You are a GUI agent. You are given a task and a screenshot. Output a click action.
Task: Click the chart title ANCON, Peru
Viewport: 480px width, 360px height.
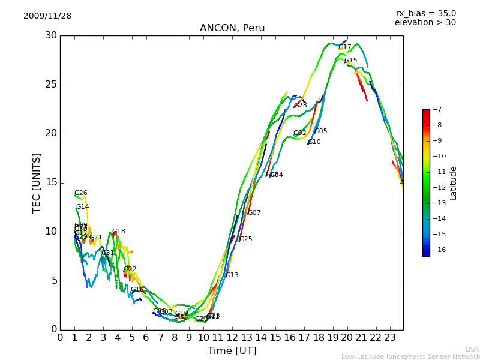point(232,28)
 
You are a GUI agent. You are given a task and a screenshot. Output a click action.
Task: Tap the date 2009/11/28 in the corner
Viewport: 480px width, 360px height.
point(47,16)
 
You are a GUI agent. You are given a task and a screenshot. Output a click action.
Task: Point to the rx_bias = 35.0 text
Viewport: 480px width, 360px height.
point(425,13)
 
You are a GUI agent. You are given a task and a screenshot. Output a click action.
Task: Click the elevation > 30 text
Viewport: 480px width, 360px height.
point(425,23)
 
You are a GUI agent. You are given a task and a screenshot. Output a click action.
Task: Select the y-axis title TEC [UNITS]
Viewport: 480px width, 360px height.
point(37,182)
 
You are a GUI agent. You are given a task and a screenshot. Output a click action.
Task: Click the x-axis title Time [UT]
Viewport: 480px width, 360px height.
point(232,350)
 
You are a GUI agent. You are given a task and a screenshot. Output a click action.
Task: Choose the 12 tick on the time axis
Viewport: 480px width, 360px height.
point(232,337)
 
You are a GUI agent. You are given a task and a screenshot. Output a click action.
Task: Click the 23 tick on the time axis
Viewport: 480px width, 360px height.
point(390,337)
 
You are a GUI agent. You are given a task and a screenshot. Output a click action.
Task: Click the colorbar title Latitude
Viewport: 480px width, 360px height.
point(454,182)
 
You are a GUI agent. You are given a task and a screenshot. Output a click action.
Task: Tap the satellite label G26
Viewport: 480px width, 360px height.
point(81,193)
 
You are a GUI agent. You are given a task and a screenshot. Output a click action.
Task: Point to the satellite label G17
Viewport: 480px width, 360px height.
point(345,47)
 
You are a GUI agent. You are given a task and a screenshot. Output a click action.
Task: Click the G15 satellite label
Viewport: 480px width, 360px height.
point(351,61)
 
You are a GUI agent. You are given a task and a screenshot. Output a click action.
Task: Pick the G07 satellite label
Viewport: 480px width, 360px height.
point(254,213)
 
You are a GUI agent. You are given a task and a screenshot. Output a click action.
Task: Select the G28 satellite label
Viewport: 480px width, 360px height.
point(301,106)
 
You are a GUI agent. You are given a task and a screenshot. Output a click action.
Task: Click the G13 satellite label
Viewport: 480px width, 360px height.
point(232,275)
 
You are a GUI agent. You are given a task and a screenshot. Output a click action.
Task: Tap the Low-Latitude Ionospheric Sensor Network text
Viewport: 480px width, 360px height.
point(410,356)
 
